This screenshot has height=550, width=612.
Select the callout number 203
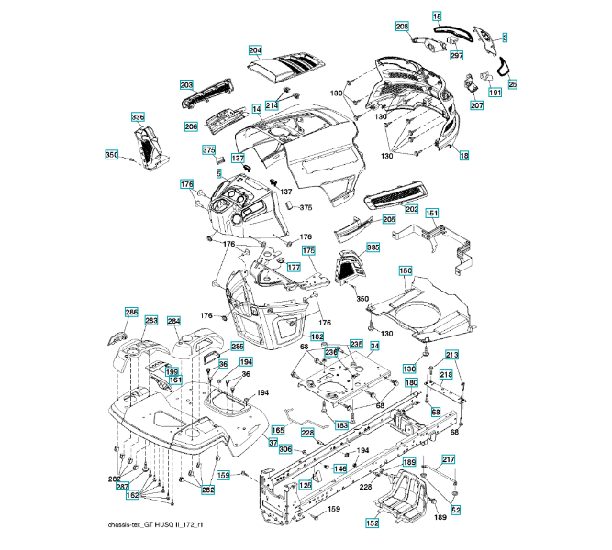185,83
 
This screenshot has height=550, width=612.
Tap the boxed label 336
138,117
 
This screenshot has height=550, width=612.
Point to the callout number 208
402,27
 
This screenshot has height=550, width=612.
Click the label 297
456,56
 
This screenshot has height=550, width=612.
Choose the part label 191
495,93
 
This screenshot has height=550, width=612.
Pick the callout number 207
476,105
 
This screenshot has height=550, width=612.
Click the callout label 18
464,157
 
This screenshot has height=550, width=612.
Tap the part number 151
431,214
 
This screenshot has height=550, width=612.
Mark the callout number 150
406,271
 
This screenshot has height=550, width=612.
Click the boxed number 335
373,247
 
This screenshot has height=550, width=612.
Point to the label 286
131,313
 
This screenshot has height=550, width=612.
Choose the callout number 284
173,321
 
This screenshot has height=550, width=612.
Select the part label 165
277,429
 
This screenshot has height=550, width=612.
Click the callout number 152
373,523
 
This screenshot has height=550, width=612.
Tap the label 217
449,459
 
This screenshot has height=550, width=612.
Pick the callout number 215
446,375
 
